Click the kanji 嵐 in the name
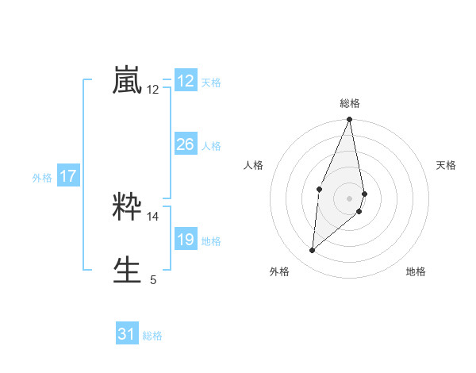(x=128, y=81)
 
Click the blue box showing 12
(x=186, y=81)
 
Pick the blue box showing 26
(x=186, y=144)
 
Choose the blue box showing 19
(x=186, y=240)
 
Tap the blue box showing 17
(x=68, y=177)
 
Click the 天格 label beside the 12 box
(x=211, y=83)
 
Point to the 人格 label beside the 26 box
(x=211, y=146)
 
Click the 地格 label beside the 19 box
(x=211, y=241)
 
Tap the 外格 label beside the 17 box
(x=42, y=178)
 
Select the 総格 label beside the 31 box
(x=152, y=336)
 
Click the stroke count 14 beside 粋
(x=153, y=216)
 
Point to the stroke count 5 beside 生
(x=153, y=279)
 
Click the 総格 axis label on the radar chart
(x=350, y=103)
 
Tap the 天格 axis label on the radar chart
(x=447, y=165)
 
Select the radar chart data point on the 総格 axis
(x=350, y=120)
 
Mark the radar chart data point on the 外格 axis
(x=313, y=250)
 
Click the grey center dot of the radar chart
(x=350, y=198)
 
